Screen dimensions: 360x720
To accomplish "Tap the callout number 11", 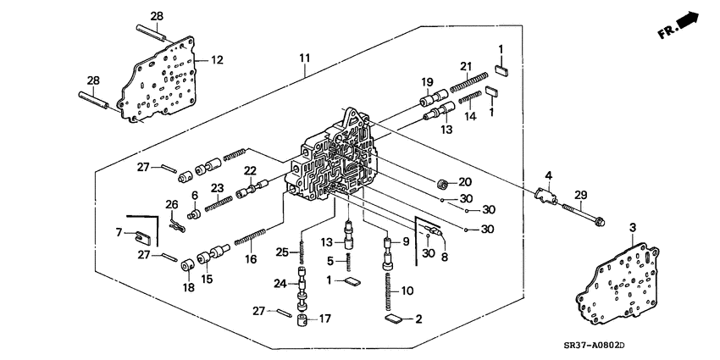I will (304, 58).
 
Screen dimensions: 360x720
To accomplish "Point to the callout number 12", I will (217, 60).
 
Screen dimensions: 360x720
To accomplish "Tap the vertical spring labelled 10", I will (388, 293).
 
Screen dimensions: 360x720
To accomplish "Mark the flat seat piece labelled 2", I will (394, 319).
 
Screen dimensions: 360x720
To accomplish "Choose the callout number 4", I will (548, 176).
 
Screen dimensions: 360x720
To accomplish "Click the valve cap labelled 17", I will (302, 319).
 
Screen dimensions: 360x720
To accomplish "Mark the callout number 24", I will (280, 284).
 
